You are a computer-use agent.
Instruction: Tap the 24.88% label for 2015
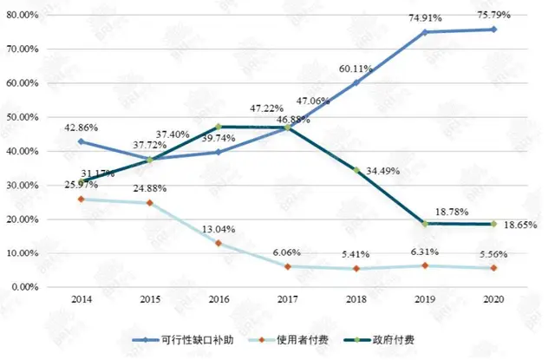tap(151, 189)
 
